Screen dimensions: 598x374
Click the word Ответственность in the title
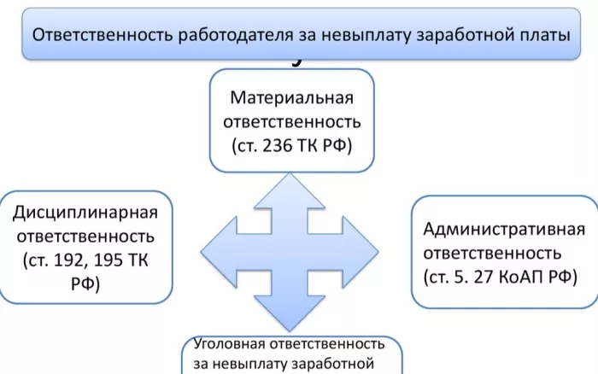point(103,35)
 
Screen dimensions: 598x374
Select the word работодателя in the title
point(236,35)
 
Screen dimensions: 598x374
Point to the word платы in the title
point(545,35)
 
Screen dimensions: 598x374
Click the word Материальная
point(292,97)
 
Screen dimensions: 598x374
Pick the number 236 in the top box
point(278,145)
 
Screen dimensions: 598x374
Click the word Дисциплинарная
point(85,213)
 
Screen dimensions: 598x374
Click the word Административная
point(504,230)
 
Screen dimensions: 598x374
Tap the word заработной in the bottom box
point(332,364)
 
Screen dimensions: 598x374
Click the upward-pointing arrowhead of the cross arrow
point(290,190)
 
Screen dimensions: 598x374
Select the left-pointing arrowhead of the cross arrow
point(219,252)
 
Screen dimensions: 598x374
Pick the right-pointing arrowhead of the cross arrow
point(361,252)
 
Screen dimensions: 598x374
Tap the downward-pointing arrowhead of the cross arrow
point(290,313)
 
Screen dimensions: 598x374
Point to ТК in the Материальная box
point(307,145)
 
